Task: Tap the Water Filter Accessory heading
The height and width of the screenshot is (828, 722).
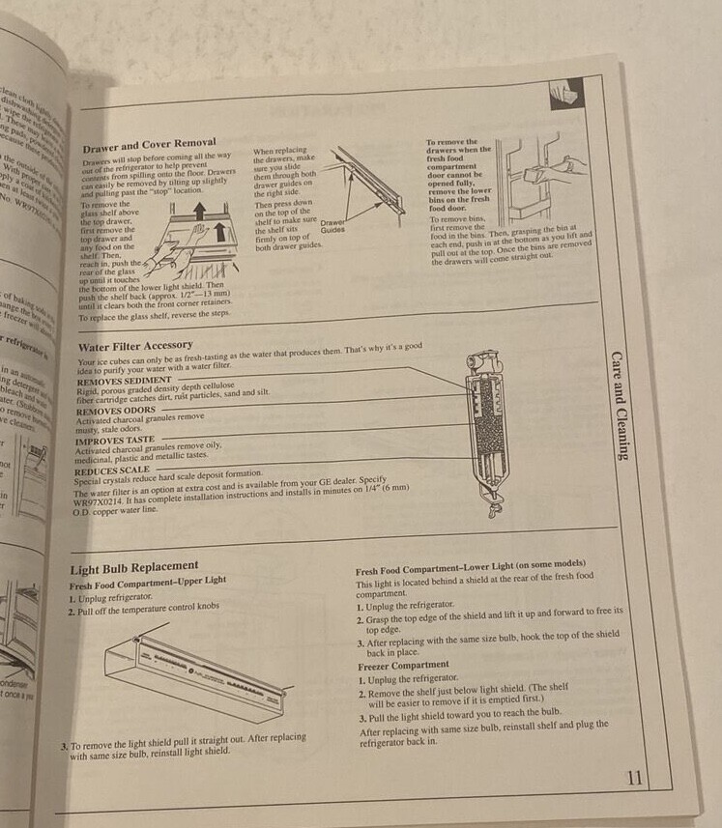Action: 134,344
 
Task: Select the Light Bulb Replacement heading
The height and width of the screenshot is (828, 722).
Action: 134,566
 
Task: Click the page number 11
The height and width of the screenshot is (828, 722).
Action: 634,778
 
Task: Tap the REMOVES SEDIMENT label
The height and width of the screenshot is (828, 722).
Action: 124,382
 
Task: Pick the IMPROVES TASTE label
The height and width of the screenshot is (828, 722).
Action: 115,440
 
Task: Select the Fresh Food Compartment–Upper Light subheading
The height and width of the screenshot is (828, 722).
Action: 148,582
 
